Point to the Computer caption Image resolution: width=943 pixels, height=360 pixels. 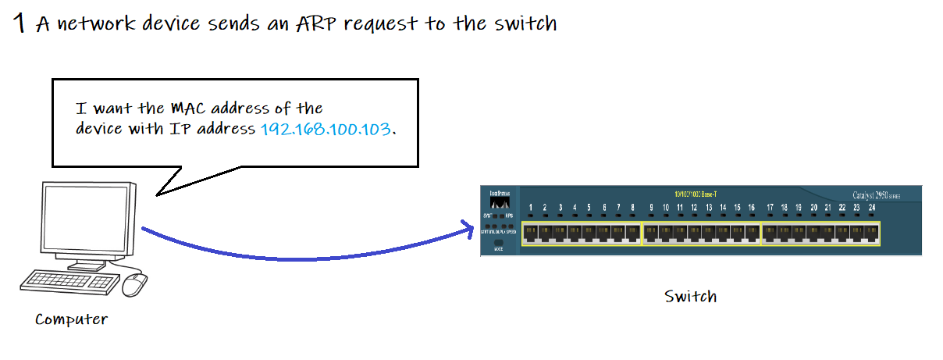click(x=71, y=319)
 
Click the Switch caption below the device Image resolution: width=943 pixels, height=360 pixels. click(x=690, y=297)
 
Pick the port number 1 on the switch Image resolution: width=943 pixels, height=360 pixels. click(x=531, y=208)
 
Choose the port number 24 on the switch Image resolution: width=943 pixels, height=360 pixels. click(x=871, y=208)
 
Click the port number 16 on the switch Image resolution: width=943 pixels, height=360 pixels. click(x=752, y=208)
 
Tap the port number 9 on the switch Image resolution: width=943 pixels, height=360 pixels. click(x=651, y=208)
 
